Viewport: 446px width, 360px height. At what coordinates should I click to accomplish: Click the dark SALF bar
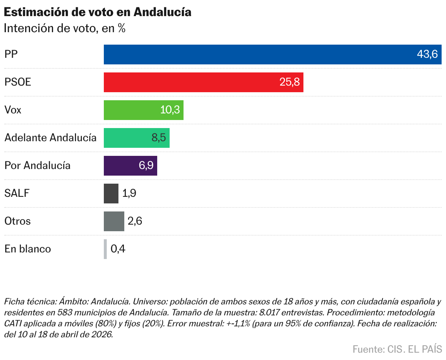111,194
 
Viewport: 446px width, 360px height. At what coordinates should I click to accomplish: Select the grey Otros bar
114,221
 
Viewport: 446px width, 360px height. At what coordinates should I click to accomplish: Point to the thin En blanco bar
105,249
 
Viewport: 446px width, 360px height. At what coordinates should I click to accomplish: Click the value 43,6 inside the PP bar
427,55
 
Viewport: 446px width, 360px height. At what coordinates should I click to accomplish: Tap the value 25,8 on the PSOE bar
290,82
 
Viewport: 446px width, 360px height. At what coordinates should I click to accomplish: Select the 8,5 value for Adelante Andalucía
159,138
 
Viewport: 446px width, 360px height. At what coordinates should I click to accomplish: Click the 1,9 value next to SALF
129,194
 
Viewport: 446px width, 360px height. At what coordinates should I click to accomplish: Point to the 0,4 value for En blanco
118,249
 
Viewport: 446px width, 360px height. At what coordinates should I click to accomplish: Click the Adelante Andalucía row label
50,138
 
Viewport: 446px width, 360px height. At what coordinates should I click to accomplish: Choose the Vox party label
13,110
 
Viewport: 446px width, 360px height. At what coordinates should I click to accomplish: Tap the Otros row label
18,221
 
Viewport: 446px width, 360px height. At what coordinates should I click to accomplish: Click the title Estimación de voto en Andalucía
97,12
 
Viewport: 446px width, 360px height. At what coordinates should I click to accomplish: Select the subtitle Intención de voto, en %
65,28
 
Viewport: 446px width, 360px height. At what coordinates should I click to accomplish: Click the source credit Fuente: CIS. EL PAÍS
397,349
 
